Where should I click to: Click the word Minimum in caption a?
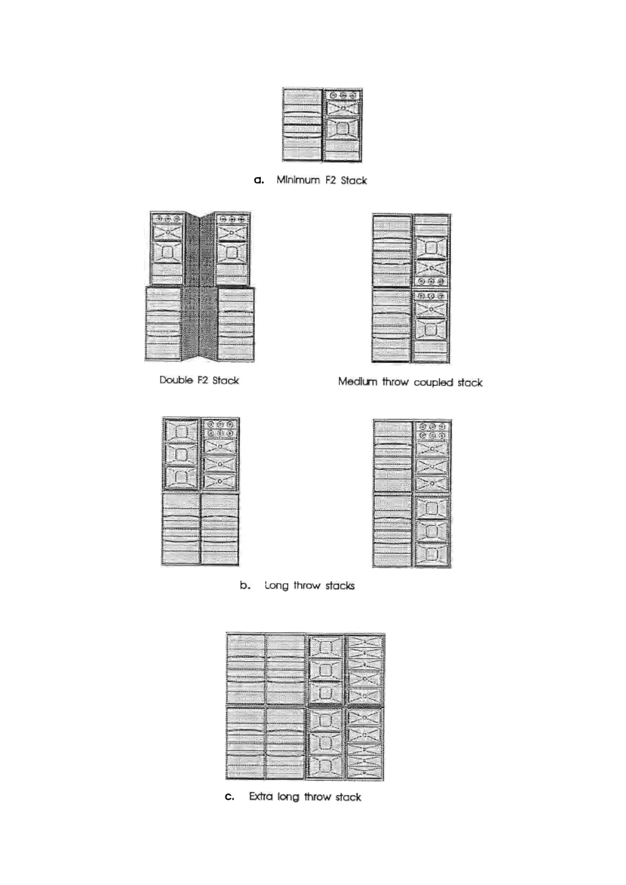tap(298, 180)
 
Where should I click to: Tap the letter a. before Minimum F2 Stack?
tap(259, 180)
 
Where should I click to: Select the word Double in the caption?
tap(176, 380)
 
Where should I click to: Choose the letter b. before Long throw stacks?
tap(245, 585)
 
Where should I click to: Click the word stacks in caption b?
tap(340, 585)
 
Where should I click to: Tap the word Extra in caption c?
tap(261, 797)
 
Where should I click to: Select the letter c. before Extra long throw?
tap(229, 797)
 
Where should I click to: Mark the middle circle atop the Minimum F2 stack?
tap(343, 96)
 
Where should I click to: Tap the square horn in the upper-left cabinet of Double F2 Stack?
tap(167, 252)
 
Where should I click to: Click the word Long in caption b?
tap(277, 585)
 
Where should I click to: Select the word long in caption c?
tap(288, 797)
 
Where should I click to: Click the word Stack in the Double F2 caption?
tap(226, 380)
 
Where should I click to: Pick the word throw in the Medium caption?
tap(396, 382)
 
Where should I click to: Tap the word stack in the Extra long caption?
tap(348, 797)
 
